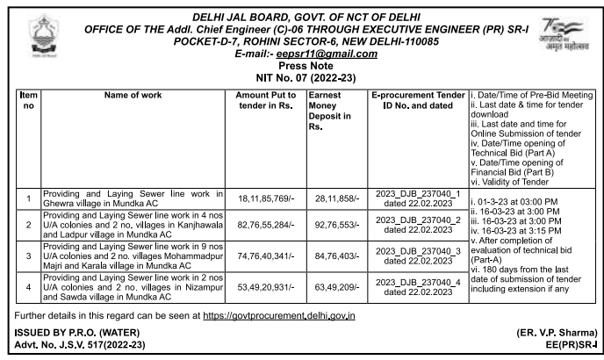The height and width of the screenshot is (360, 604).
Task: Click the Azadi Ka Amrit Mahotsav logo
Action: coord(565,36)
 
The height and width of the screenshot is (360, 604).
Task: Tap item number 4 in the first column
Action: coord(28,286)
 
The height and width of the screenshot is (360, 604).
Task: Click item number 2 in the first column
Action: coord(28,225)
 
